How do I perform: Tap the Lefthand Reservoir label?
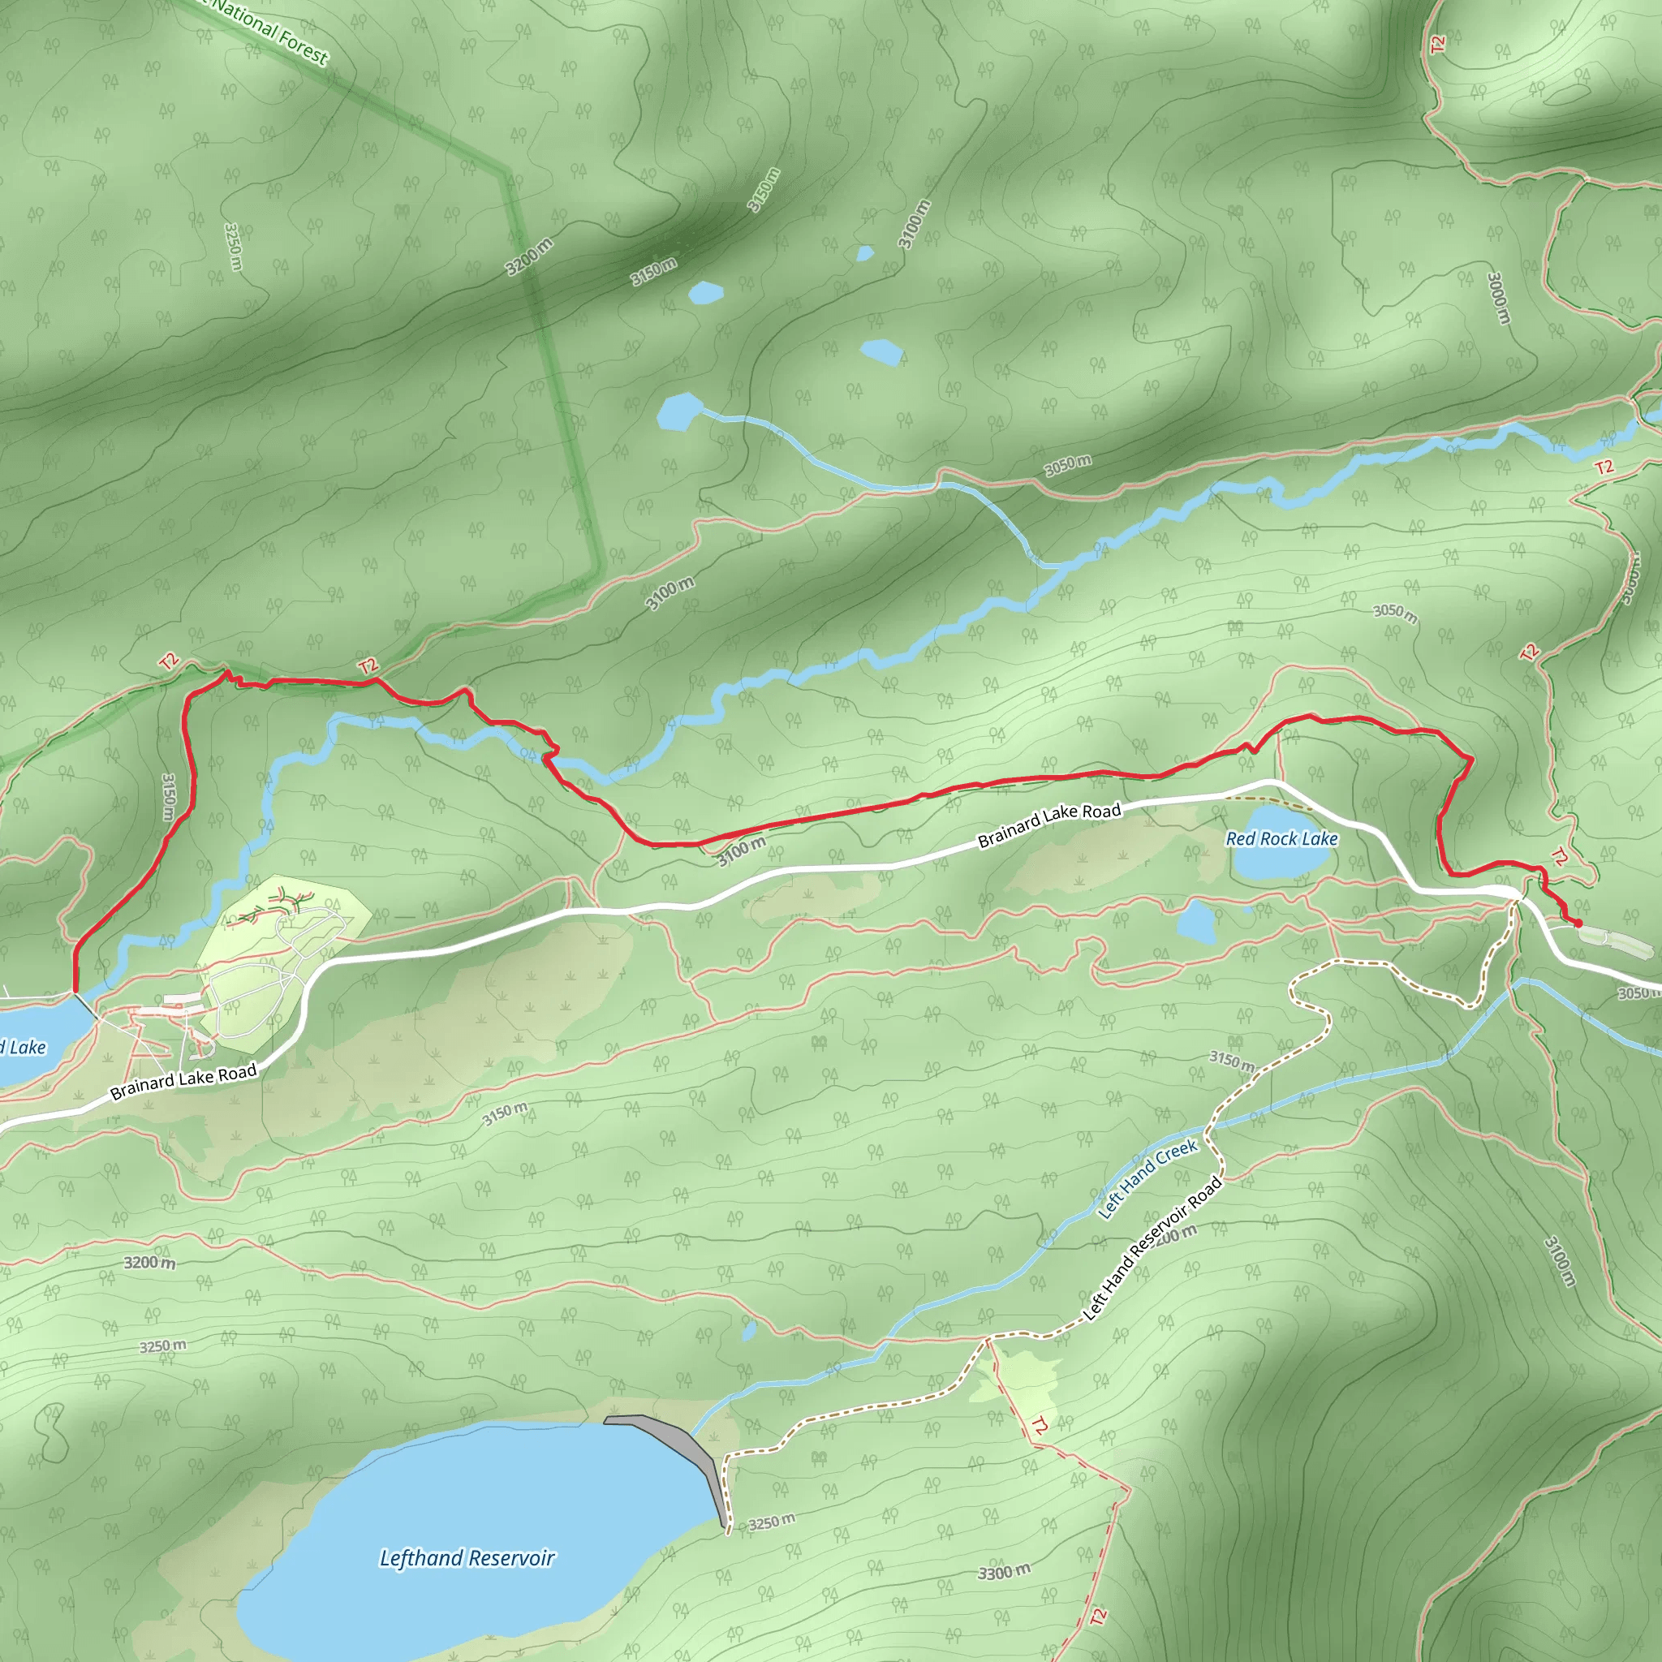point(467,1558)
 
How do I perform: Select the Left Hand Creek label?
point(1147,1178)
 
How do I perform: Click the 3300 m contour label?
point(1003,1573)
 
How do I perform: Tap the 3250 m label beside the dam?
point(771,1522)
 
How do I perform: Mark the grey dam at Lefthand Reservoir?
point(679,1445)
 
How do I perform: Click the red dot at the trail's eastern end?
point(1578,923)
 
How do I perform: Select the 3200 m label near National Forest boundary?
point(528,257)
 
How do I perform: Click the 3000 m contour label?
point(1498,299)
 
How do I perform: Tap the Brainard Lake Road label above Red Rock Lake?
point(1049,825)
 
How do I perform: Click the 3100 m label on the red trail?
point(741,851)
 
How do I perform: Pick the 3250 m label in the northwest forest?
point(232,246)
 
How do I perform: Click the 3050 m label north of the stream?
point(1068,465)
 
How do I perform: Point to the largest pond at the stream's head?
point(680,411)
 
